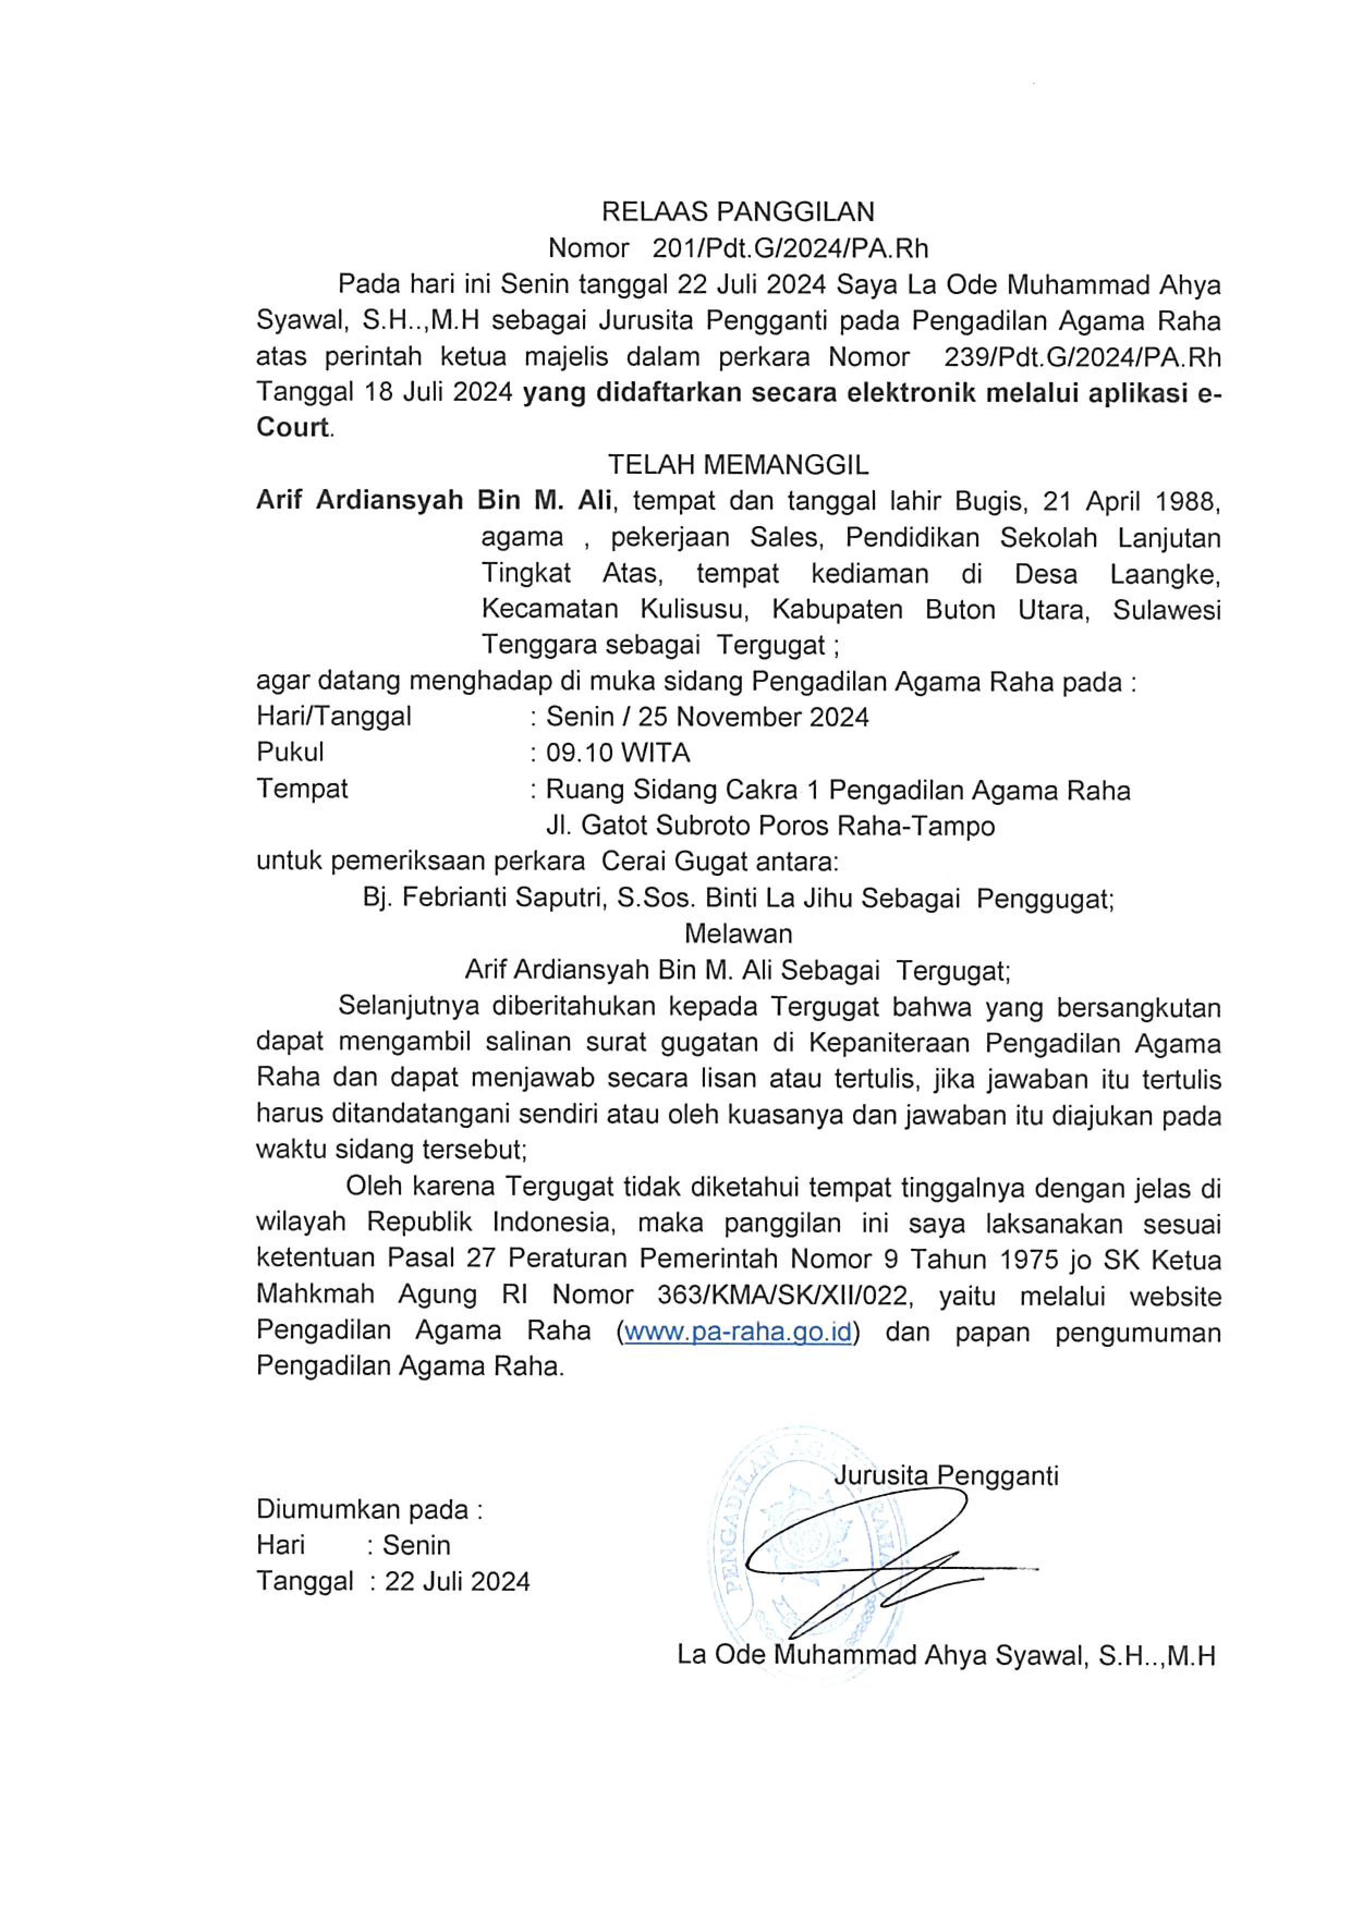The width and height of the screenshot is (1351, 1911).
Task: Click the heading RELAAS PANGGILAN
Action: point(738,212)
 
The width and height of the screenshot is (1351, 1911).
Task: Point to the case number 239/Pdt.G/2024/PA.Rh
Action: point(1082,357)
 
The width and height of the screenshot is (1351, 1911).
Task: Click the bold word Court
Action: point(292,428)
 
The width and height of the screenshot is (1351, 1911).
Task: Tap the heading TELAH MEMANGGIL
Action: point(738,463)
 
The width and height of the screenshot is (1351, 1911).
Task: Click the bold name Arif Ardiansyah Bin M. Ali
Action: point(434,500)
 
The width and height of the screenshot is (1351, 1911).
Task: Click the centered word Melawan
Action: point(738,934)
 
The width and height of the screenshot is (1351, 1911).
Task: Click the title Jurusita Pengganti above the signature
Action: point(946,1476)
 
